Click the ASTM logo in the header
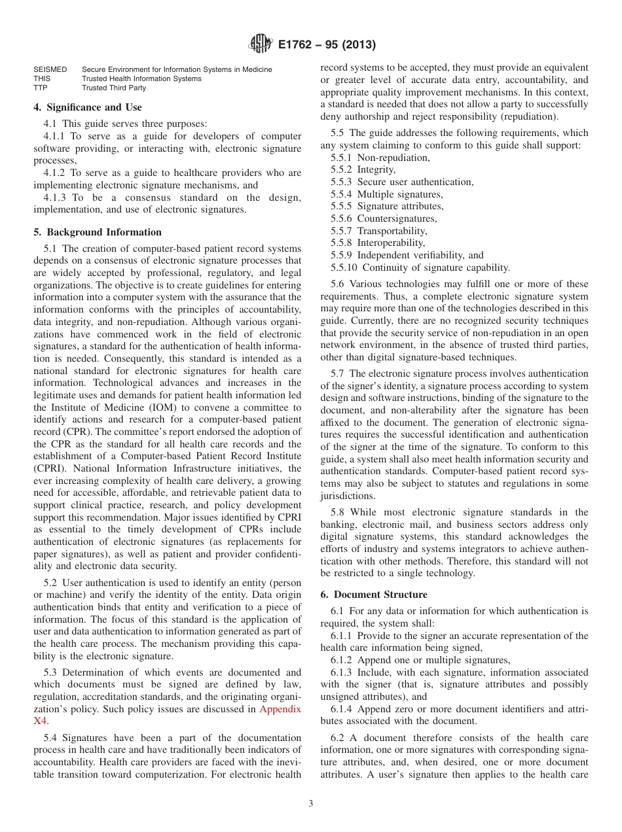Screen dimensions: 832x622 pyautogui.click(x=260, y=44)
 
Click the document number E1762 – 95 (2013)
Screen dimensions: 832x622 pyautogui.click(x=326, y=45)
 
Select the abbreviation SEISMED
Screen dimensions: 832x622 pyautogui.click(x=50, y=69)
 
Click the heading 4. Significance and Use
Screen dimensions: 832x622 pyautogui.click(x=87, y=107)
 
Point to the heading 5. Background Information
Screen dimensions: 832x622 pyautogui.click(x=98, y=232)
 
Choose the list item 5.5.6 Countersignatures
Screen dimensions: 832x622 pyautogui.click(x=383, y=218)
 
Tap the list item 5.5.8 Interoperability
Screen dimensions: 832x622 pyautogui.click(x=378, y=243)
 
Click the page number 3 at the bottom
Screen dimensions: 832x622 pyautogui.click(x=311, y=804)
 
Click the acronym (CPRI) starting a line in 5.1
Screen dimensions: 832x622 pyautogui.click(x=51, y=468)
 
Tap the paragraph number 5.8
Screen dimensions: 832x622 pyautogui.click(x=337, y=512)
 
